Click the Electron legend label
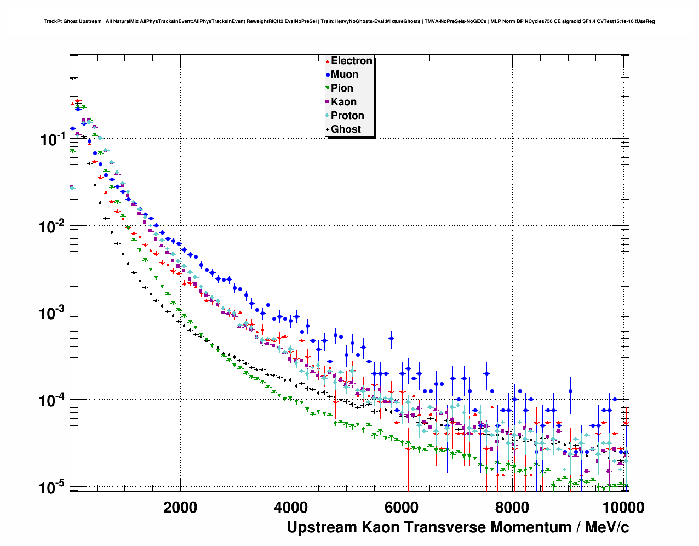pyautogui.click(x=352, y=61)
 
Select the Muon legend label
pyautogui.click(x=345, y=75)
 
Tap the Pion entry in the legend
pyautogui.click(x=342, y=88)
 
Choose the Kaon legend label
pyautogui.click(x=343, y=102)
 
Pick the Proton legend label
pyautogui.click(x=347, y=116)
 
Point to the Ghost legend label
pyautogui.click(x=346, y=129)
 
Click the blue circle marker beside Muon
pyautogui.click(x=328, y=75)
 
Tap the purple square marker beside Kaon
pyautogui.click(x=328, y=102)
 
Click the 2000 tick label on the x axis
pyautogui.click(x=180, y=508)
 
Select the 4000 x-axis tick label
pyautogui.click(x=291, y=508)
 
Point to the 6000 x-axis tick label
pyautogui.click(x=402, y=508)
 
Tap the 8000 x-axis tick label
pyautogui.click(x=512, y=508)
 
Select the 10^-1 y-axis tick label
pyautogui.click(x=53, y=139)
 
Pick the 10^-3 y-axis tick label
pyautogui.click(x=53, y=313)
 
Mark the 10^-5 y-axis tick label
pyautogui.click(x=53, y=487)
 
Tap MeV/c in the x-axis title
pyautogui.click(x=607, y=527)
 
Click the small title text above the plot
pyautogui.click(x=349, y=22)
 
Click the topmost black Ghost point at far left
pyautogui.click(x=72, y=78)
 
